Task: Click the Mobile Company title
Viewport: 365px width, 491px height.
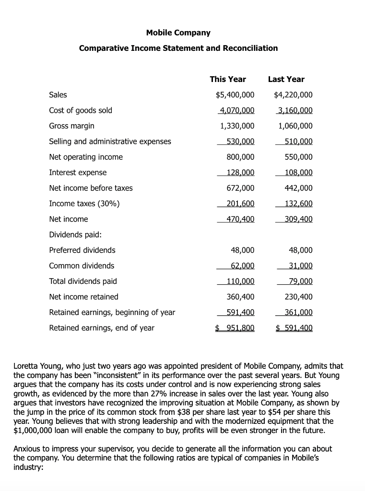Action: pos(178,33)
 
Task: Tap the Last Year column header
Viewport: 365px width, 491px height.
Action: pos(286,79)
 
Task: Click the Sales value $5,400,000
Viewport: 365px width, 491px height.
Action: pos(235,95)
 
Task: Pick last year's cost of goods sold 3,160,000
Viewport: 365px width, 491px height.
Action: pos(295,110)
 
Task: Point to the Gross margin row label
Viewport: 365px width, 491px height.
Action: pos(71,126)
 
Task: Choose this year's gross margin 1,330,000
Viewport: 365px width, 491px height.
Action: pos(237,126)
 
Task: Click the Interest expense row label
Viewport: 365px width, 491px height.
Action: pos(78,173)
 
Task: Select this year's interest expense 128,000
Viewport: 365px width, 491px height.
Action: pos(240,173)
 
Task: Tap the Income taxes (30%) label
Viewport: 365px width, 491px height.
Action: pos(84,204)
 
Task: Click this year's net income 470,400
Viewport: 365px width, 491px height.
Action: pos(240,219)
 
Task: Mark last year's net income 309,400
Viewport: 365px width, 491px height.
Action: pos(298,219)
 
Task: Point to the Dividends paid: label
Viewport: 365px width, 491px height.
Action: pos(75,235)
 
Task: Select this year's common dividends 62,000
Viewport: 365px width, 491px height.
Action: pos(242,266)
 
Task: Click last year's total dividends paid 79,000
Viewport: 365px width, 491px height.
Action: pos(300,281)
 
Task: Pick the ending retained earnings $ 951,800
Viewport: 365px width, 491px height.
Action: pos(235,328)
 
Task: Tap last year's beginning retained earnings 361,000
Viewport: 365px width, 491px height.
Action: pos(298,313)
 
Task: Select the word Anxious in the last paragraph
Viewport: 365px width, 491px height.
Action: pos(28,449)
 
